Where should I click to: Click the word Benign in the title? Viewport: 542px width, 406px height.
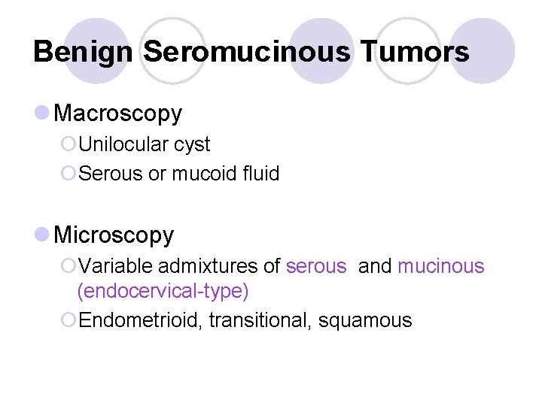click(84, 52)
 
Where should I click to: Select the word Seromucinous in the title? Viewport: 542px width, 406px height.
click(245, 52)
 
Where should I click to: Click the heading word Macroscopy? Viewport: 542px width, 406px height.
click(118, 114)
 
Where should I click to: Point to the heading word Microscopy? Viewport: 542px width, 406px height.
click(114, 235)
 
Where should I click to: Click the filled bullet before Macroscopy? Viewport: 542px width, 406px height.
click(42, 113)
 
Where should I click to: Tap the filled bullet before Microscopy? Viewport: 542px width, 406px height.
click(42, 235)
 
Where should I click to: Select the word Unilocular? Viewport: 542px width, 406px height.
click(122, 144)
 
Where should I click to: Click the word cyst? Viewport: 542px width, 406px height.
click(191, 144)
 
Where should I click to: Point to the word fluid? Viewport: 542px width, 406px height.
click(260, 174)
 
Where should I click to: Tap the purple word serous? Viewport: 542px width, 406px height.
click(316, 266)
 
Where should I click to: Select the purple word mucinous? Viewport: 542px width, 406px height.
click(441, 266)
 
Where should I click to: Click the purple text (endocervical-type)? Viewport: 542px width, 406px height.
click(163, 291)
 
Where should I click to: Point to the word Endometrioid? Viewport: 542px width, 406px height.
click(140, 320)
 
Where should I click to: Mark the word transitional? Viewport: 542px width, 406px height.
click(260, 320)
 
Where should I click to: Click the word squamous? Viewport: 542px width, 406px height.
click(365, 321)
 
